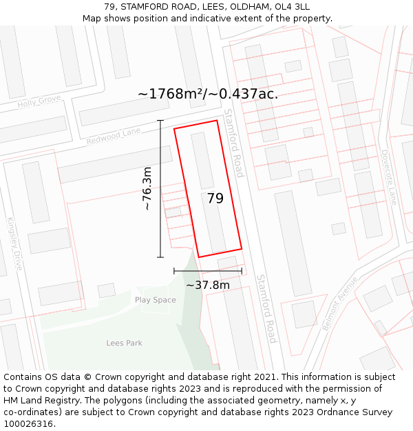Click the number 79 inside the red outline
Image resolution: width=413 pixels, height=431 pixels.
point(215,199)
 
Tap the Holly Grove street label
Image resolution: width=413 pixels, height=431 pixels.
point(39,102)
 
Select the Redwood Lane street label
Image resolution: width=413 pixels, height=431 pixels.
point(114,136)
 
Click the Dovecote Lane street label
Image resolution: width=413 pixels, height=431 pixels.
point(389,177)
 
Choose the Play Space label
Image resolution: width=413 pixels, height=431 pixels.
point(155,300)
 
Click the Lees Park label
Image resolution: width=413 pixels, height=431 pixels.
point(124,343)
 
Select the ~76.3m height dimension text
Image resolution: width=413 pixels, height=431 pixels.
point(147,188)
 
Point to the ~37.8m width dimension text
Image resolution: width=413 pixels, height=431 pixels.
point(208,285)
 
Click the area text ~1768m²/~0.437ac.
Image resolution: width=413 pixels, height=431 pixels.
point(208,94)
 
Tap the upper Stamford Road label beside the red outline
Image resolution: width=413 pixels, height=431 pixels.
point(234,143)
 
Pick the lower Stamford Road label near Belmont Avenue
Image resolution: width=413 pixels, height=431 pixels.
point(266,308)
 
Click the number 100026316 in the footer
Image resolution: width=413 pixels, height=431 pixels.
point(29,424)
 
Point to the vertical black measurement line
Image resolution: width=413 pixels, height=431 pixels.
point(160,189)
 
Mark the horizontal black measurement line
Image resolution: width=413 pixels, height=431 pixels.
point(208,271)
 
